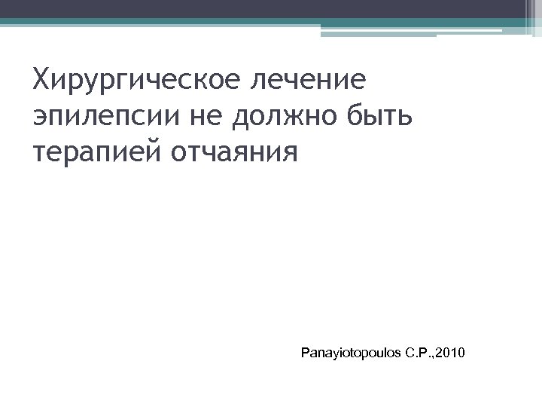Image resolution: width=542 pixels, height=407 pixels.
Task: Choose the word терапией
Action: click(97, 153)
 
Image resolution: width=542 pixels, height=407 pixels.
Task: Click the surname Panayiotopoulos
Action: click(352, 352)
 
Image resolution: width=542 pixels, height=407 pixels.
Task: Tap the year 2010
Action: click(452, 352)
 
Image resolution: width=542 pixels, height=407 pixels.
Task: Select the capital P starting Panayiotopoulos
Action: click(303, 352)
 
